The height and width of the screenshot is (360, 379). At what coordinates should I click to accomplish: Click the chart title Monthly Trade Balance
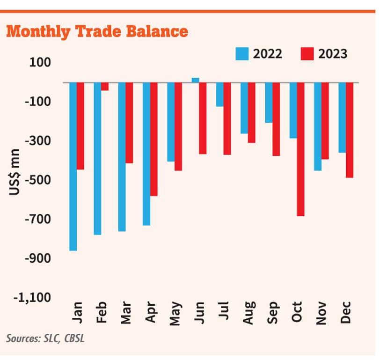(x=97, y=31)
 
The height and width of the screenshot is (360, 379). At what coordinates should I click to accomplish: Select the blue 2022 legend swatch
(x=242, y=54)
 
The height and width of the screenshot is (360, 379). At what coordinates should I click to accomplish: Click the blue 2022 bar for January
(x=73, y=166)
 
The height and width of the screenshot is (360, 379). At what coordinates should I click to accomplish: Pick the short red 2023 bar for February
(x=105, y=87)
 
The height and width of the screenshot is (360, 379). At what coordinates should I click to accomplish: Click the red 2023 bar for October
(x=300, y=149)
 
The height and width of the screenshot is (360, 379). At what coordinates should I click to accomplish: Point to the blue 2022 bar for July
(x=219, y=95)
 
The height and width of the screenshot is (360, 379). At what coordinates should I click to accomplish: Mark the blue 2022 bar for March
(x=122, y=157)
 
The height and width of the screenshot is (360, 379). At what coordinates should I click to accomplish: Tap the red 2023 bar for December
(x=349, y=130)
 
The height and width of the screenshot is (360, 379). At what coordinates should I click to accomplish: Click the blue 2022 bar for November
(x=317, y=126)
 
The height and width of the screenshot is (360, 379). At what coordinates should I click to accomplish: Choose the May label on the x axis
(x=175, y=313)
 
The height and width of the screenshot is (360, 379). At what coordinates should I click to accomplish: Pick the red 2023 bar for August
(x=251, y=113)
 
